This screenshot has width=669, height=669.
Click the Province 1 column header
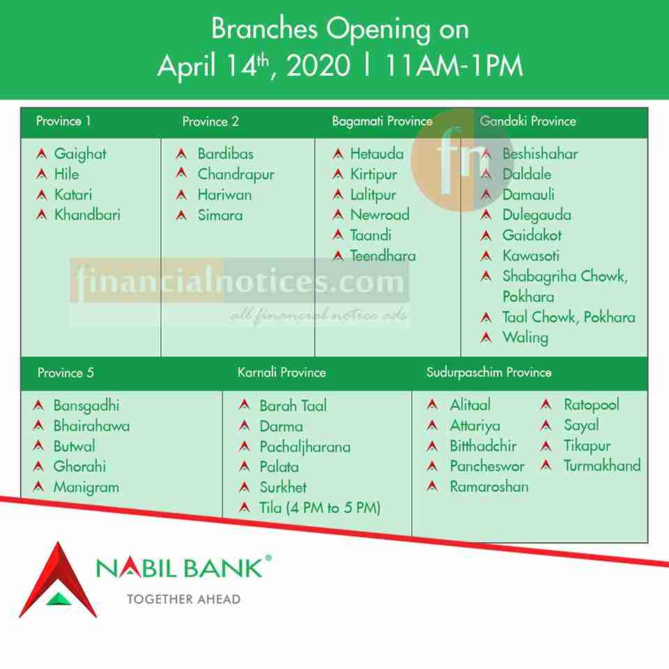pyautogui.click(x=63, y=121)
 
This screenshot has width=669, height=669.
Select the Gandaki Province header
pyautogui.click(x=528, y=121)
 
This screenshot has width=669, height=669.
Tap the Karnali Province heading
pyautogui.click(x=282, y=372)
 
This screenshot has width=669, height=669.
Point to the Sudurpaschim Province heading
pyautogui.click(x=489, y=372)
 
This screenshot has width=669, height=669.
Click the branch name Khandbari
pyautogui.click(x=87, y=215)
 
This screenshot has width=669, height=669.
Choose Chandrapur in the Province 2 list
pyautogui.click(x=236, y=174)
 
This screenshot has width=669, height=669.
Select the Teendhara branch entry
pyautogui.click(x=383, y=256)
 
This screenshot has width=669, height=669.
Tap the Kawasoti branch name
pyautogui.click(x=531, y=256)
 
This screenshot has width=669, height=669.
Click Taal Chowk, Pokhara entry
pyautogui.click(x=569, y=317)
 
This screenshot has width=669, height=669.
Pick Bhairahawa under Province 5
pyautogui.click(x=91, y=426)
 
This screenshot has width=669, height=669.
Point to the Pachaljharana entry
pyautogui.click(x=305, y=447)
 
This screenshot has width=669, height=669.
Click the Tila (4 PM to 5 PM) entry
pyautogui.click(x=320, y=508)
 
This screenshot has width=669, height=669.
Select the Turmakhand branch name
pyautogui.click(x=602, y=466)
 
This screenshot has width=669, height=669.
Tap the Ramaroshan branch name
pyautogui.click(x=489, y=486)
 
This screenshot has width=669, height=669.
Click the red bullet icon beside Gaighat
pyautogui.click(x=42, y=153)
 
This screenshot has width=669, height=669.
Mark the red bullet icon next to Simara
pyautogui.click(x=181, y=215)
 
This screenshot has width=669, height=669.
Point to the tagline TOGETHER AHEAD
pyautogui.click(x=184, y=599)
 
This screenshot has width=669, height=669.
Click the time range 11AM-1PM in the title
pyautogui.click(x=454, y=66)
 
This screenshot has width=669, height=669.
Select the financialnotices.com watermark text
pyautogui.click(x=240, y=281)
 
